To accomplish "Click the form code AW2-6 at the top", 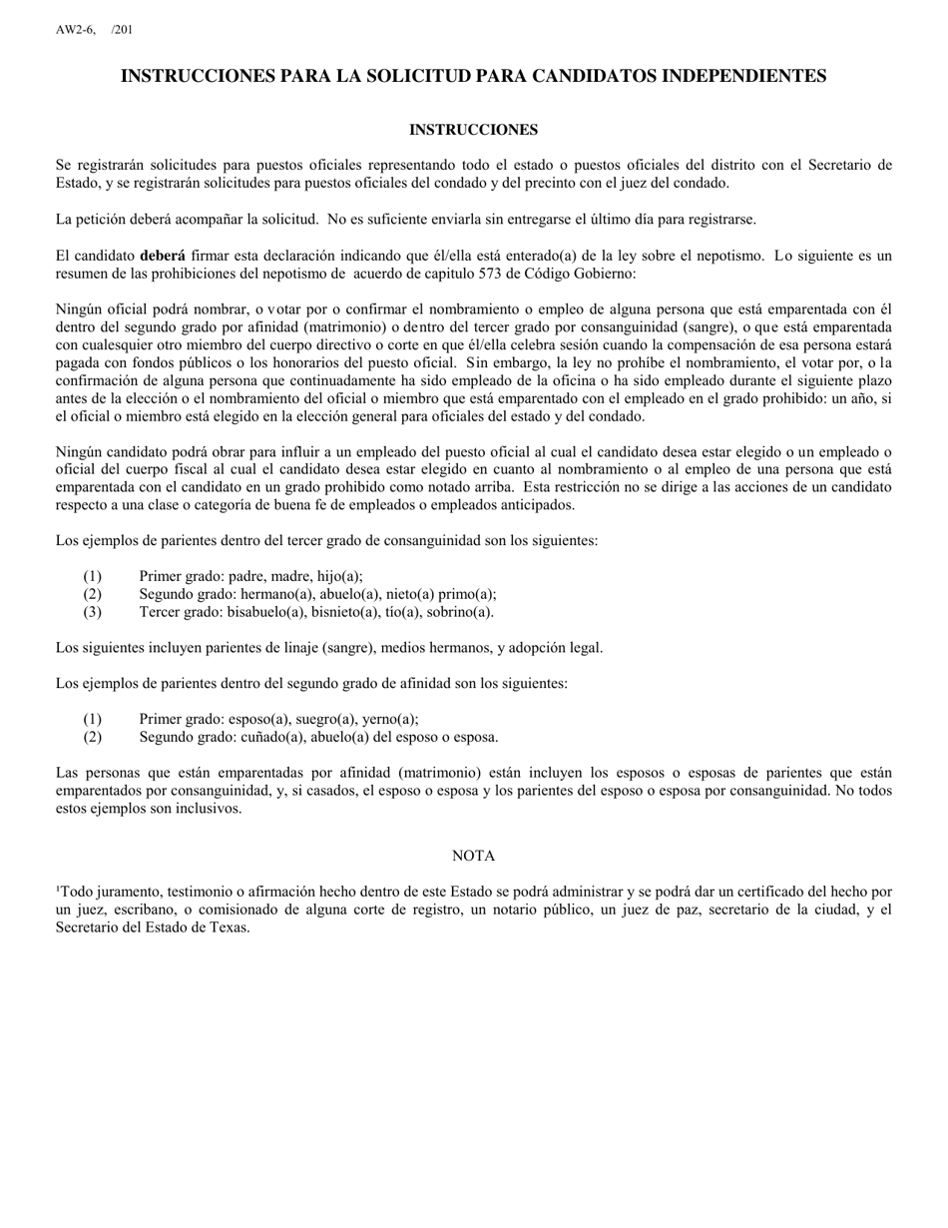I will pyautogui.click(x=74, y=30).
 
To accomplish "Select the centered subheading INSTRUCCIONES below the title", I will pyautogui.click(x=473, y=130).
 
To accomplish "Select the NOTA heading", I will pyautogui.click(x=473, y=856).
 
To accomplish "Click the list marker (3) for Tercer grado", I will pyautogui.click(x=93, y=611).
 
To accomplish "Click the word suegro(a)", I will pyautogui.click(x=321, y=719).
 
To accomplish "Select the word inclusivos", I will pyautogui.click(x=208, y=809).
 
